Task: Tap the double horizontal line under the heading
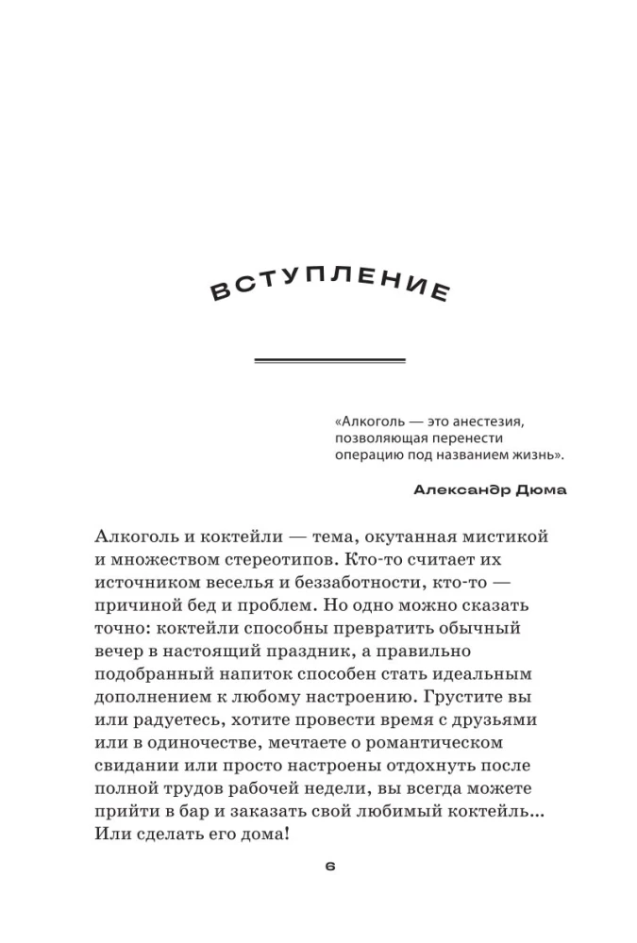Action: point(330,360)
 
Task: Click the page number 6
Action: point(329,867)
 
